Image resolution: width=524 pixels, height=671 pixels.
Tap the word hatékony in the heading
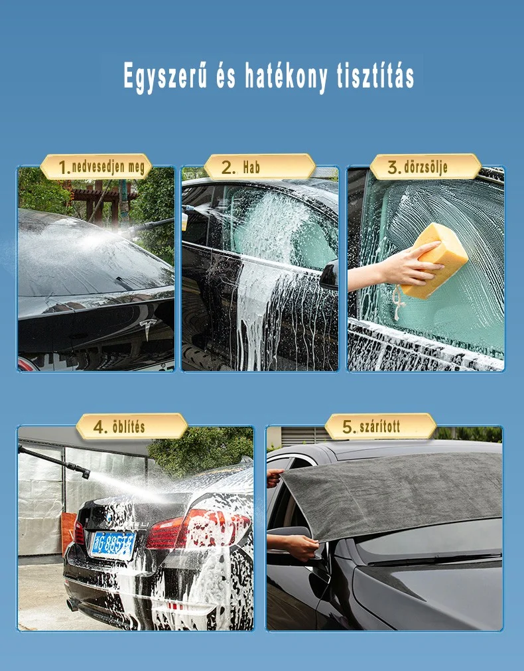286,76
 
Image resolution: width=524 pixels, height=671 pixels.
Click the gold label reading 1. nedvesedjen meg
96,167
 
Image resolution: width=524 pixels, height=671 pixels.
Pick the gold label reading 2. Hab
259,167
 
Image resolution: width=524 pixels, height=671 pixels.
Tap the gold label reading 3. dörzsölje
425,167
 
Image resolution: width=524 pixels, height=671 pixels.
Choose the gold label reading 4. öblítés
132,426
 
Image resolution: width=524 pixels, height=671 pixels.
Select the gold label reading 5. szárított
380,426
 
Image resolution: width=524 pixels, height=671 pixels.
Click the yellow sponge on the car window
433,260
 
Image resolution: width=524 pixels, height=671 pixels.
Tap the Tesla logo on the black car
147,328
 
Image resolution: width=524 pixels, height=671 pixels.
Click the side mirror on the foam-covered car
330,275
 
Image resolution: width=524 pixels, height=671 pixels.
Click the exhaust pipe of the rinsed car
72,604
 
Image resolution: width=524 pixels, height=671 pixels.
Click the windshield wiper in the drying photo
434,559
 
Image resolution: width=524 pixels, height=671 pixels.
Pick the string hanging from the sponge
399,303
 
